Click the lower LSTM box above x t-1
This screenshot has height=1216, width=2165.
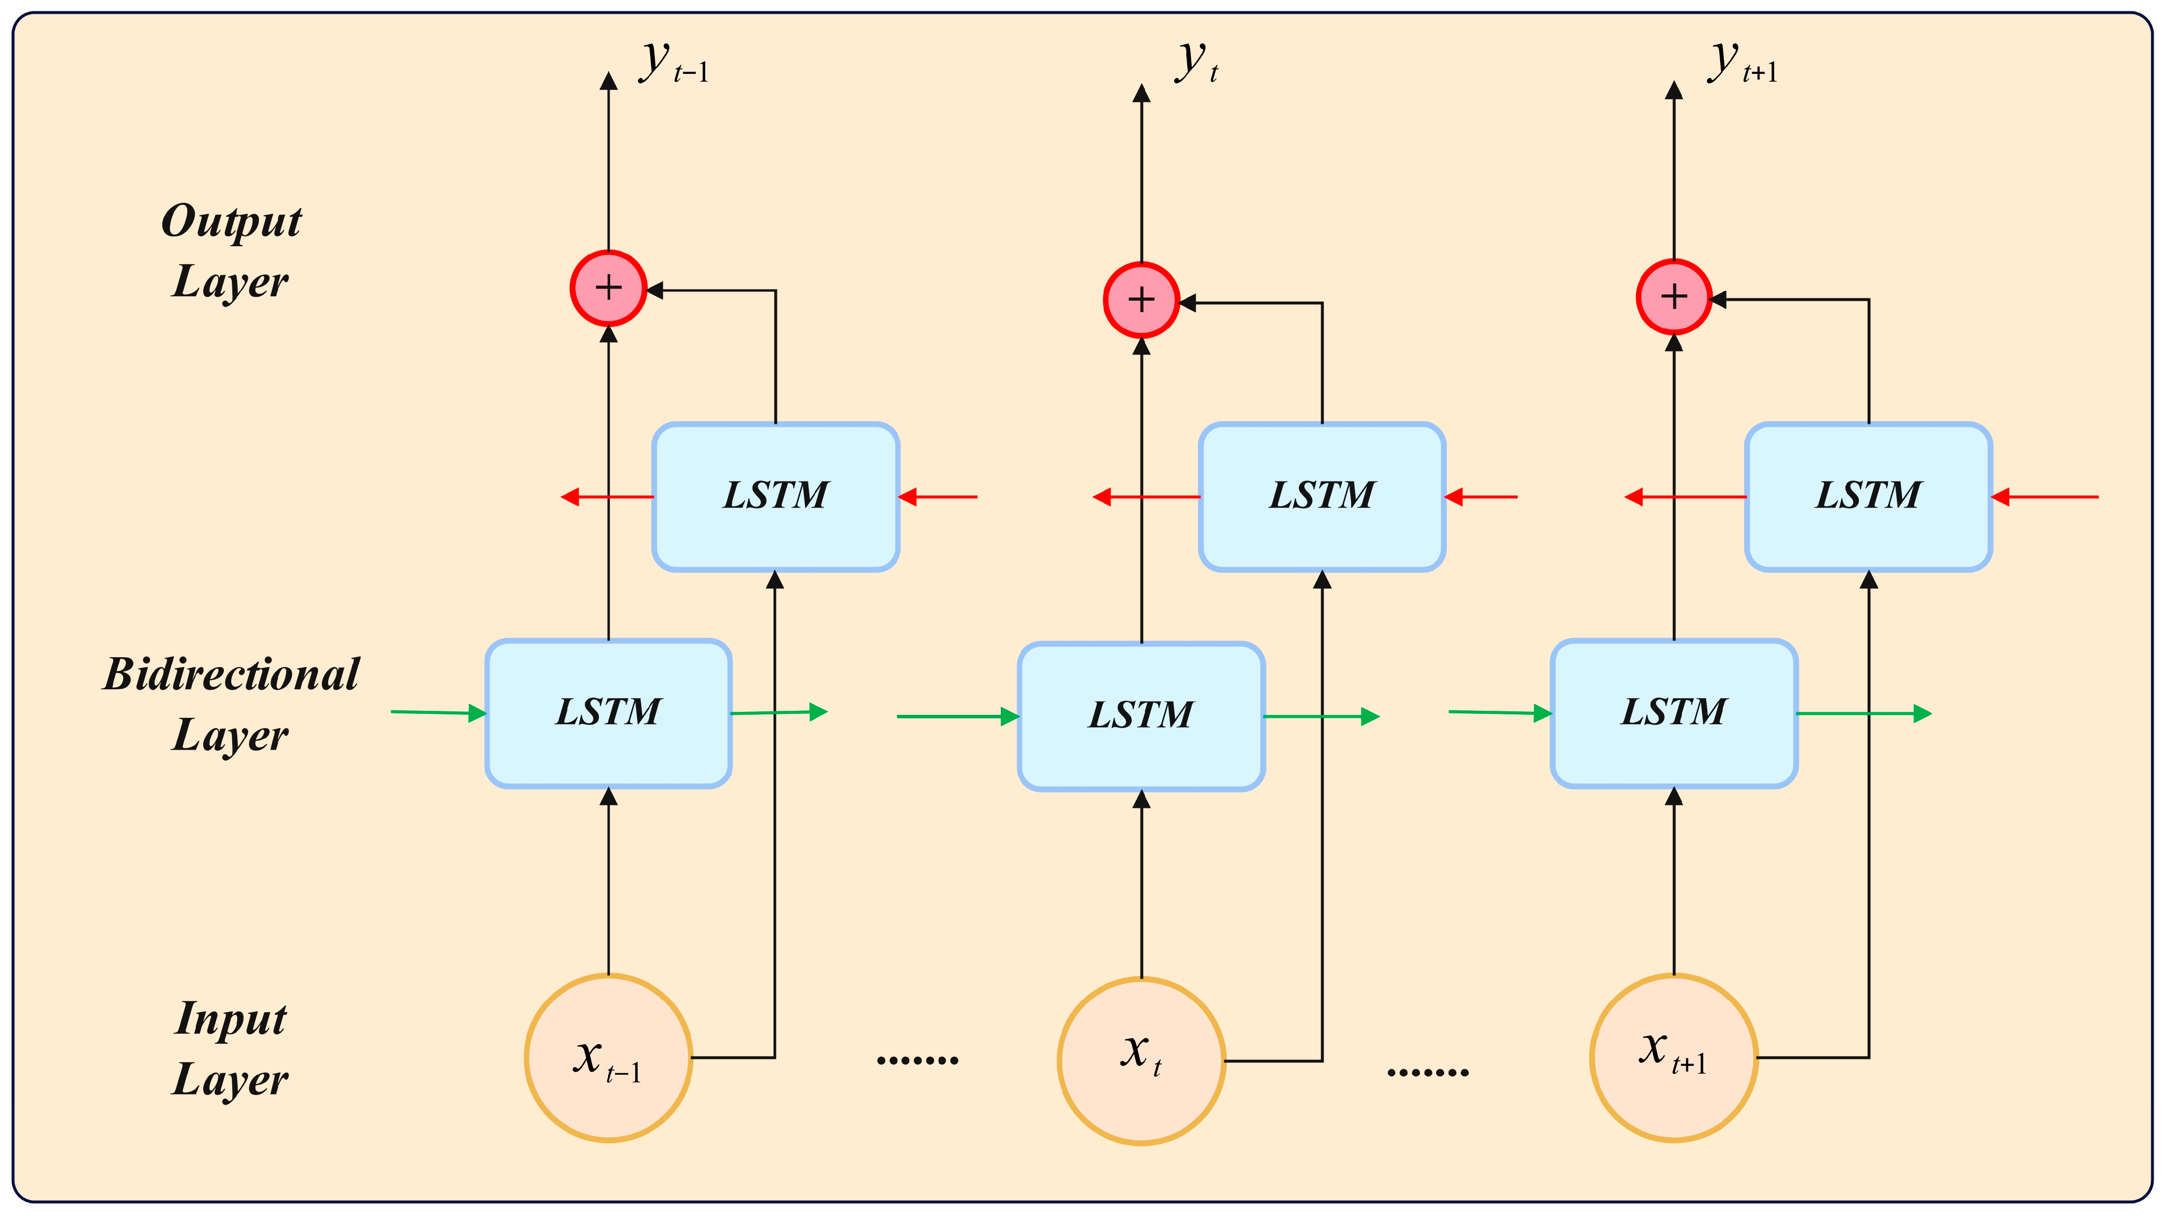click(609, 713)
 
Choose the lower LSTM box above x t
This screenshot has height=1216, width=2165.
click(1142, 716)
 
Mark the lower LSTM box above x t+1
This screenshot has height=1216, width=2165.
click(1674, 713)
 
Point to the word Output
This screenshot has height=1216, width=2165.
click(231, 222)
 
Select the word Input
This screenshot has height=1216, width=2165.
click(231, 1019)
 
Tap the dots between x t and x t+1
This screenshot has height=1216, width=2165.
click(1428, 1072)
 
